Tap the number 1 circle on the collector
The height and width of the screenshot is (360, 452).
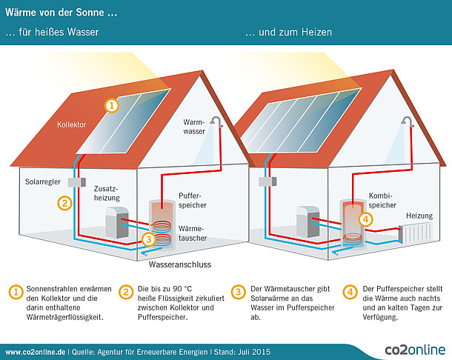pyautogui.click(x=110, y=106)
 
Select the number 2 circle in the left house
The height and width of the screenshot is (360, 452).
pyautogui.click(x=64, y=201)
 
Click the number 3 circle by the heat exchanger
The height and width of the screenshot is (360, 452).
pyautogui.click(x=148, y=239)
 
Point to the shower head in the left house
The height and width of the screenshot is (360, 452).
pyautogui.click(x=216, y=120)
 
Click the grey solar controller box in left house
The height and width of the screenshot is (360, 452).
pyautogui.click(x=73, y=182)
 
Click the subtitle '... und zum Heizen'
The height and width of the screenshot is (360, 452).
pyautogui.click(x=288, y=33)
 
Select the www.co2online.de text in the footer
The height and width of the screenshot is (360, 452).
pyautogui.click(x=34, y=350)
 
